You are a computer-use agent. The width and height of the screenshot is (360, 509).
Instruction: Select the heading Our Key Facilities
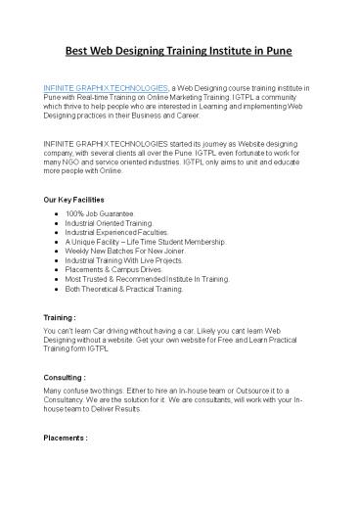(x=74, y=200)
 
